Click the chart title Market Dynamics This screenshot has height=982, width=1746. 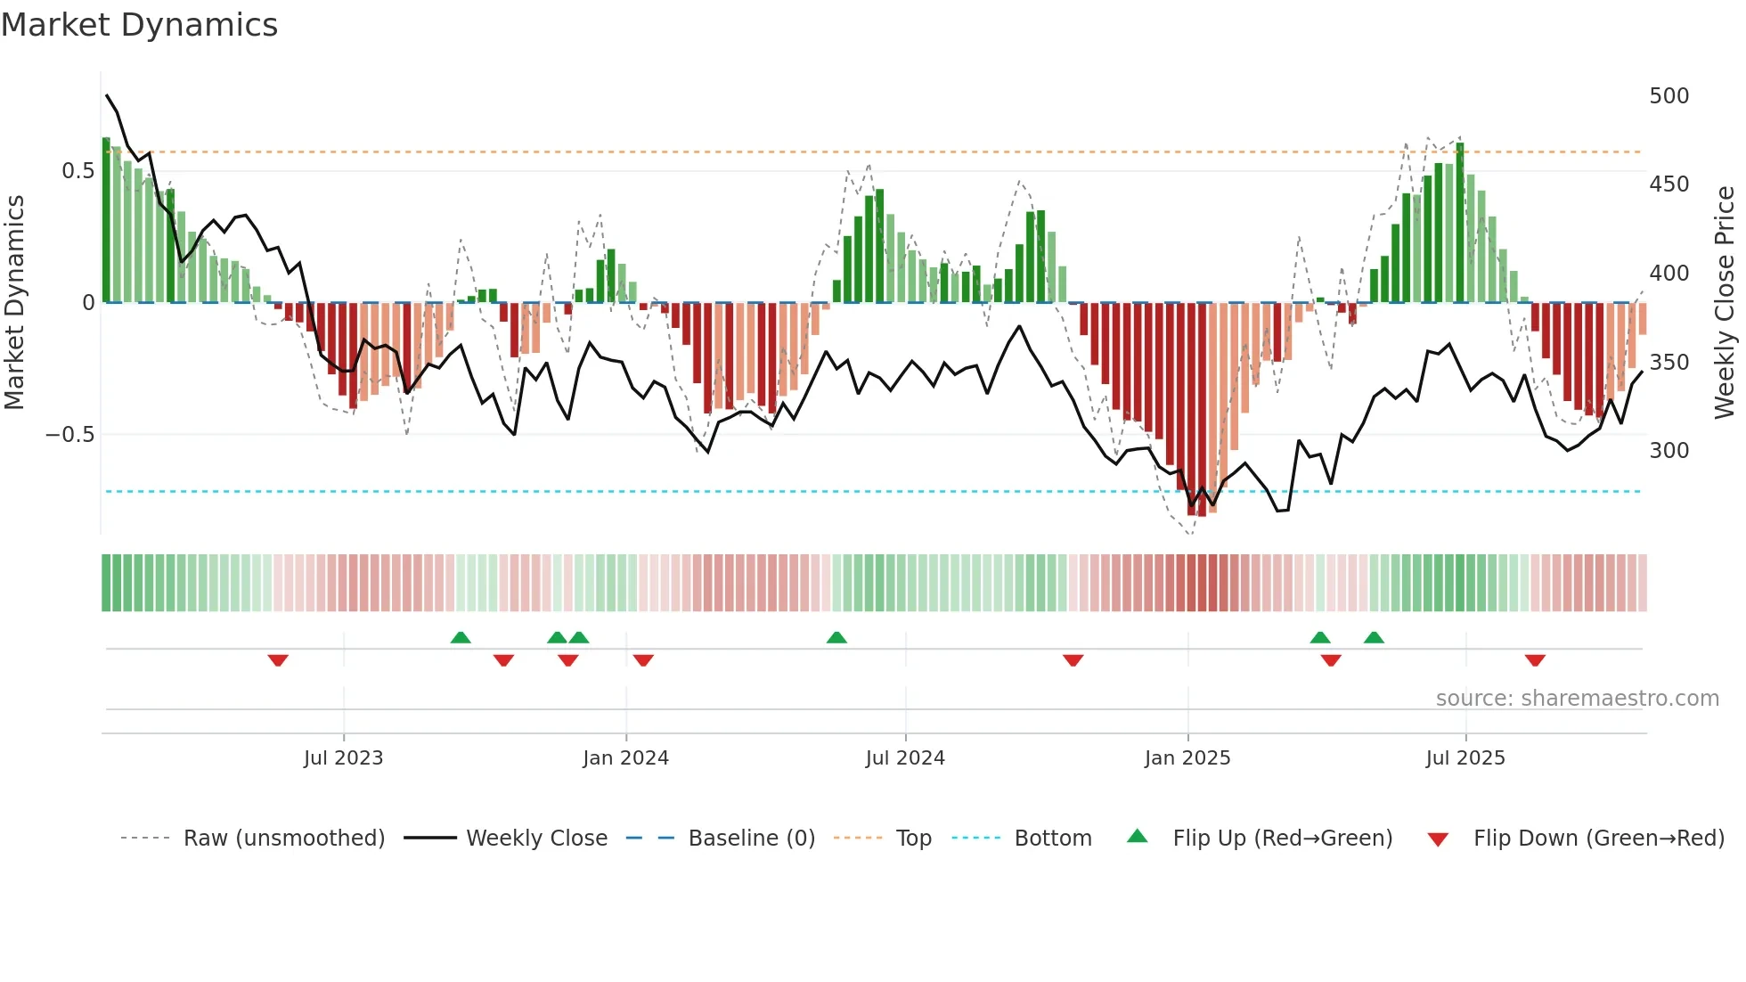[x=139, y=25]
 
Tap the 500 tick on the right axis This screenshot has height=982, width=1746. [x=1668, y=95]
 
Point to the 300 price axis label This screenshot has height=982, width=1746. [x=1668, y=450]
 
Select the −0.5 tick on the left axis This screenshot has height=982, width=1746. [x=69, y=435]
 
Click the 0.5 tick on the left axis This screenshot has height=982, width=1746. [x=78, y=170]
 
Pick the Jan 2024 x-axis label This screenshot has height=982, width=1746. [x=625, y=758]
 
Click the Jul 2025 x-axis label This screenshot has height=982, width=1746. [x=1465, y=758]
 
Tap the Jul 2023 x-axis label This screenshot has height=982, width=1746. [x=343, y=758]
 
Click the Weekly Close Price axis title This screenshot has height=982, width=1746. [x=1725, y=302]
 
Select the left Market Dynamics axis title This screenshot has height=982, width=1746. [x=15, y=302]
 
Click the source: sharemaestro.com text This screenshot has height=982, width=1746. [x=1577, y=699]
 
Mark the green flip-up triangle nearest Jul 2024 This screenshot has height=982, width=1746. [x=836, y=637]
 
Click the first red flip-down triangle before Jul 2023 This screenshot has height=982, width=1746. [x=278, y=660]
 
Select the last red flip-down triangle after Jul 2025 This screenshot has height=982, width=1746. [x=1535, y=660]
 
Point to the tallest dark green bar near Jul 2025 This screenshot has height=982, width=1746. [x=1460, y=223]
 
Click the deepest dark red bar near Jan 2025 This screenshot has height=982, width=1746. [x=1202, y=410]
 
